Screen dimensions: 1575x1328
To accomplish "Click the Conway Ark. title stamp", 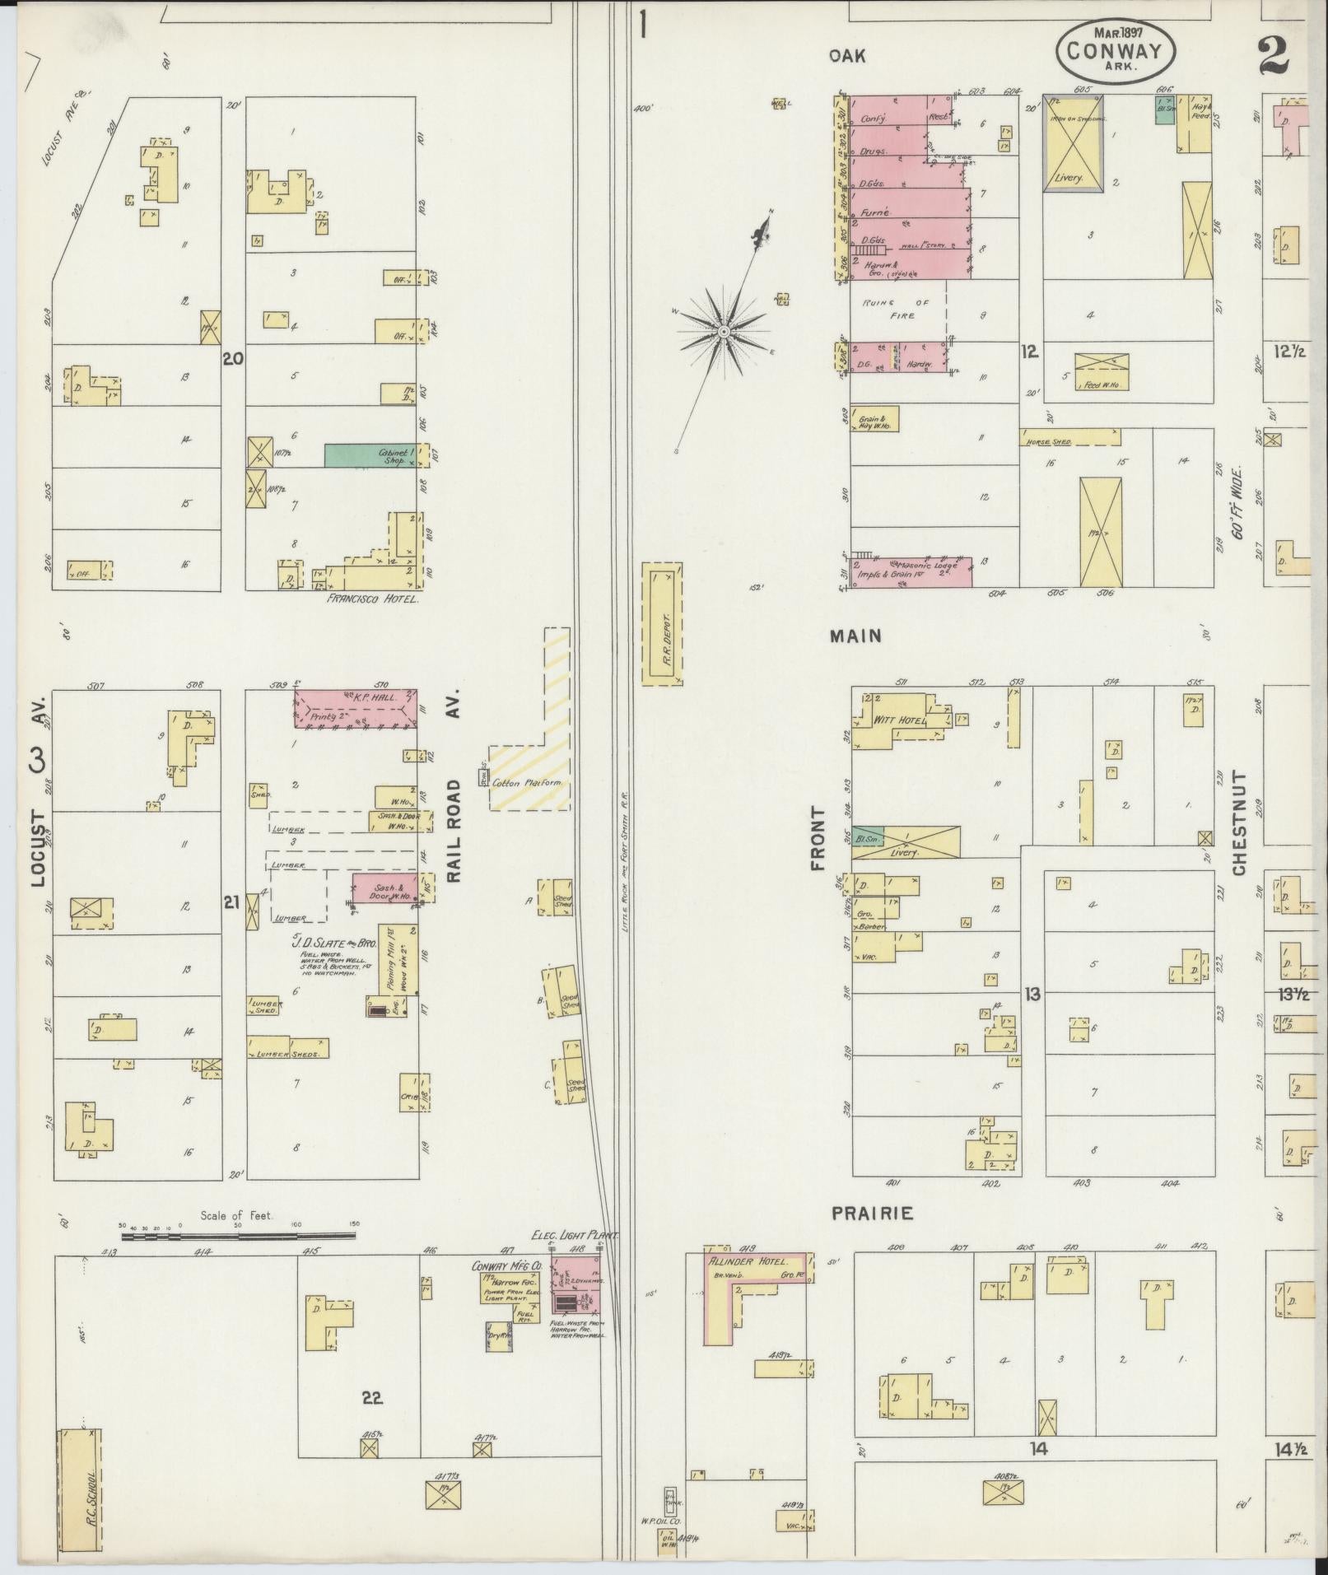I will (1115, 51).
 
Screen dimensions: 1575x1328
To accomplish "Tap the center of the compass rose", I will (723, 331).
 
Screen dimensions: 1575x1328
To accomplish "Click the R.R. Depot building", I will (661, 623).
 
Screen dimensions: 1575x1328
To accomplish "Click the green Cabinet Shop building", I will (375, 455).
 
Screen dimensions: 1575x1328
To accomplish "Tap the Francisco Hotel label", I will (373, 599).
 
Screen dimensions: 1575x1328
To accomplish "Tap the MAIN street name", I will (855, 636).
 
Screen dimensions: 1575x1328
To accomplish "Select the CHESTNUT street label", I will (1239, 822).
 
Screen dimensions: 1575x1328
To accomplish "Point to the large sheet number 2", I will (1275, 56).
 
